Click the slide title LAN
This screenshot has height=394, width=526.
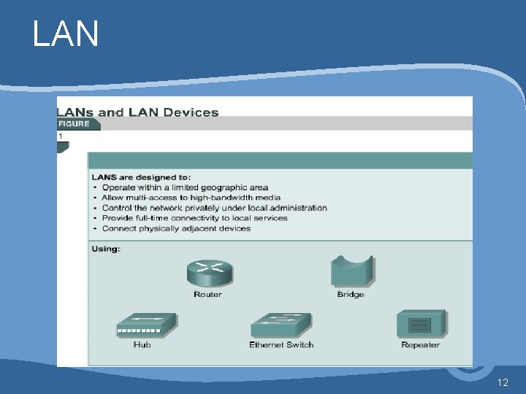point(66,34)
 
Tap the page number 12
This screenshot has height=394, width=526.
point(502,382)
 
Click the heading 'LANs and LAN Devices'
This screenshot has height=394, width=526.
point(138,112)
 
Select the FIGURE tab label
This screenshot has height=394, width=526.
point(75,124)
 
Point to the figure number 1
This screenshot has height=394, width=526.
point(61,136)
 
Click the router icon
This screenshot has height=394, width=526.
point(209,274)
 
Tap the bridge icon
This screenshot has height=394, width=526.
point(351,271)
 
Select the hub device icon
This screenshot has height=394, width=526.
point(146,325)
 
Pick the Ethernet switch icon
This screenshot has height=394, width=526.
point(281,325)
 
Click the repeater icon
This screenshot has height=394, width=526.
point(421,324)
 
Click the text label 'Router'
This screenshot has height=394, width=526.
point(208,295)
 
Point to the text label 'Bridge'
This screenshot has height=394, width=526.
point(351,295)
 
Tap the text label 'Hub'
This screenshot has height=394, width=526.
point(142,344)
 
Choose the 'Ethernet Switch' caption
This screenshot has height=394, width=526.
point(281,344)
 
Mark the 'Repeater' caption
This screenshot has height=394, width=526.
point(420,344)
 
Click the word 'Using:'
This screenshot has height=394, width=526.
point(106,249)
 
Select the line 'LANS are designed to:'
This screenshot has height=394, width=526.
point(141,177)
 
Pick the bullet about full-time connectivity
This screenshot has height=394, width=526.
point(194,218)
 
